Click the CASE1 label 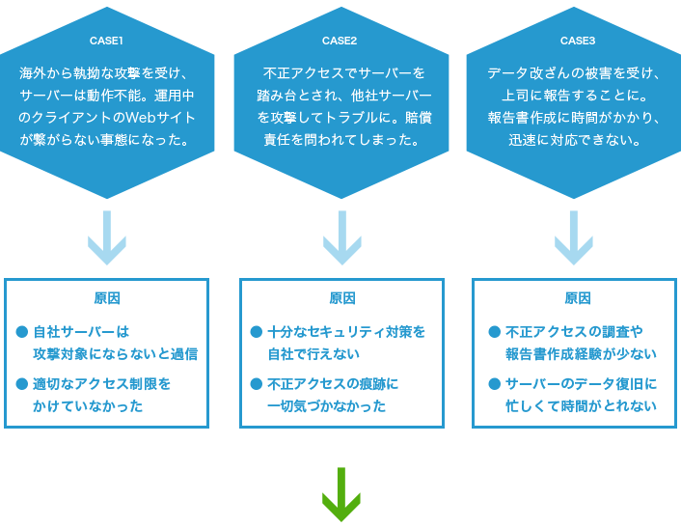tap(106, 41)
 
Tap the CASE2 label tap(340, 41)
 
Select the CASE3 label tap(578, 41)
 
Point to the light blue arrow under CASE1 tap(107, 236)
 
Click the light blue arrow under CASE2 tap(341, 236)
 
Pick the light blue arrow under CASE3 tap(574, 236)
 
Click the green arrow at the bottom tap(341, 494)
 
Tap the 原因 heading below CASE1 tap(107, 298)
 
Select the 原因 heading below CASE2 tap(342, 298)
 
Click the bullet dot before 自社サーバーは tap(22, 331)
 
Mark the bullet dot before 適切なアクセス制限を tap(22, 383)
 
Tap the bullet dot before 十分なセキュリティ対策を tap(257, 331)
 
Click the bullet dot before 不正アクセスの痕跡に tap(257, 383)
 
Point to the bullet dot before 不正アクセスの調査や tap(494, 331)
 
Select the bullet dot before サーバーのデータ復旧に tap(494, 383)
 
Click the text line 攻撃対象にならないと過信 tap(115, 354)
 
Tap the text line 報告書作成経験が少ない tap(581, 354)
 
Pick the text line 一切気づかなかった tap(327, 406)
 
